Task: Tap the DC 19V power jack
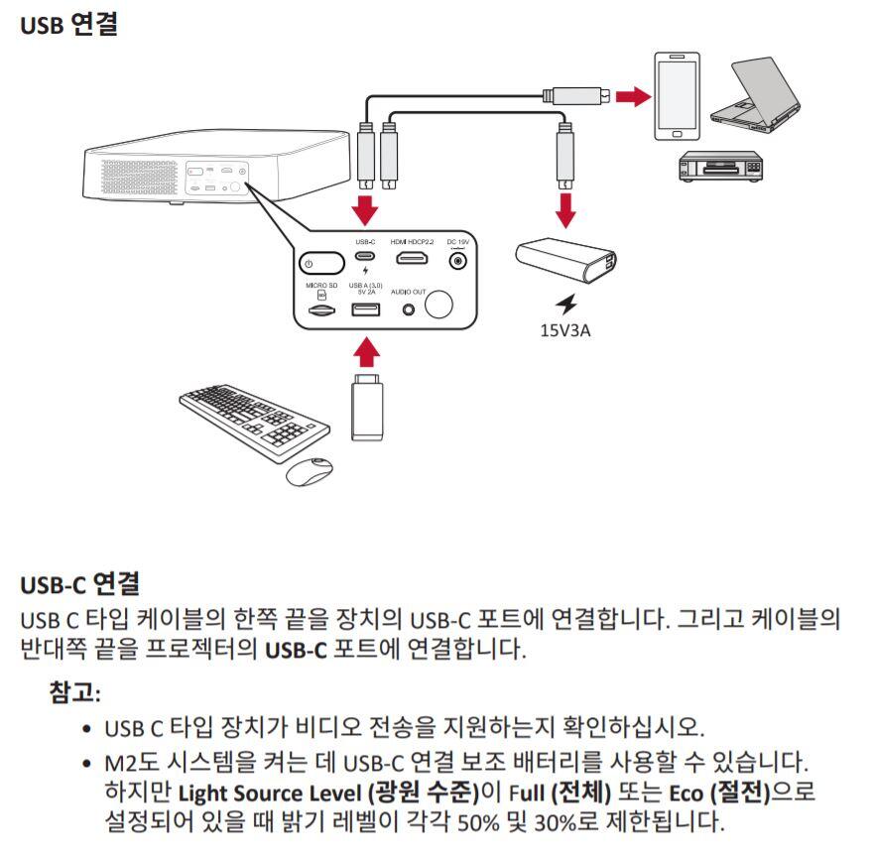click(x=458, y=261)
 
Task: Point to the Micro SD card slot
click(x=321, y=310)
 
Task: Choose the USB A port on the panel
click(x=365, y=309)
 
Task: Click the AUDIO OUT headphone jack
click(x=408, y=309)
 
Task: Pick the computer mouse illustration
click(x=310, y=470)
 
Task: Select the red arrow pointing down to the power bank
click(x=566, y=207)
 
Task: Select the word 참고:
click(x=76, y=690)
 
